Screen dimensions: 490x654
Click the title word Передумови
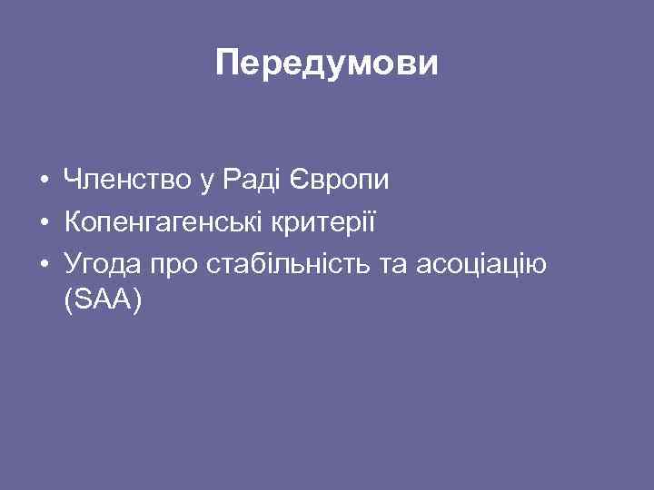point(327,64)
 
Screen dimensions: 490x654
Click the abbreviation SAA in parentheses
point(103,300)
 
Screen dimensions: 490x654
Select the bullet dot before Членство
point(44,182)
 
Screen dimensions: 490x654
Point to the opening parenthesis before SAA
point(69,301)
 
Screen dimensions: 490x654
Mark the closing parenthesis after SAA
point(138,301)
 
